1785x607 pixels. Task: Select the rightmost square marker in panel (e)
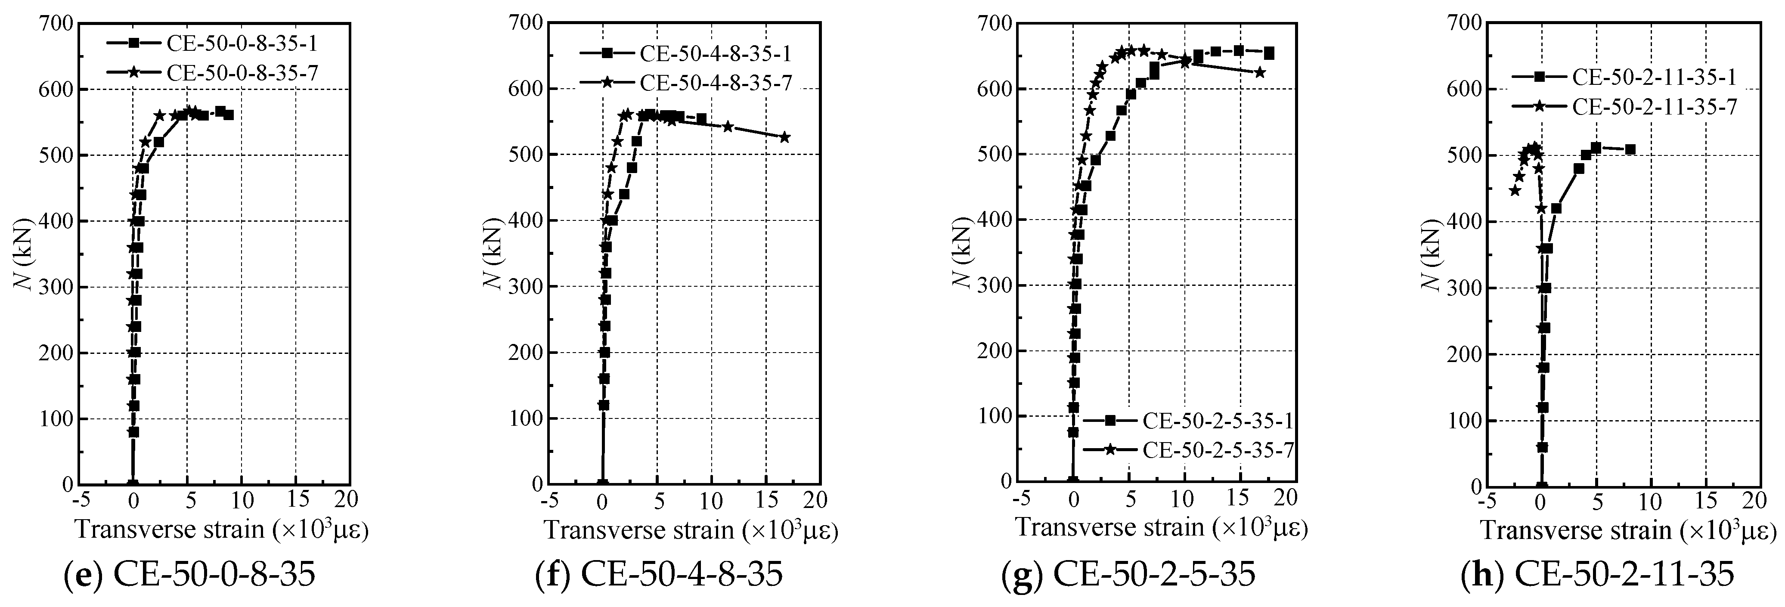[229, 115]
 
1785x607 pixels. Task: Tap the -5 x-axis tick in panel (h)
[1485, 500]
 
